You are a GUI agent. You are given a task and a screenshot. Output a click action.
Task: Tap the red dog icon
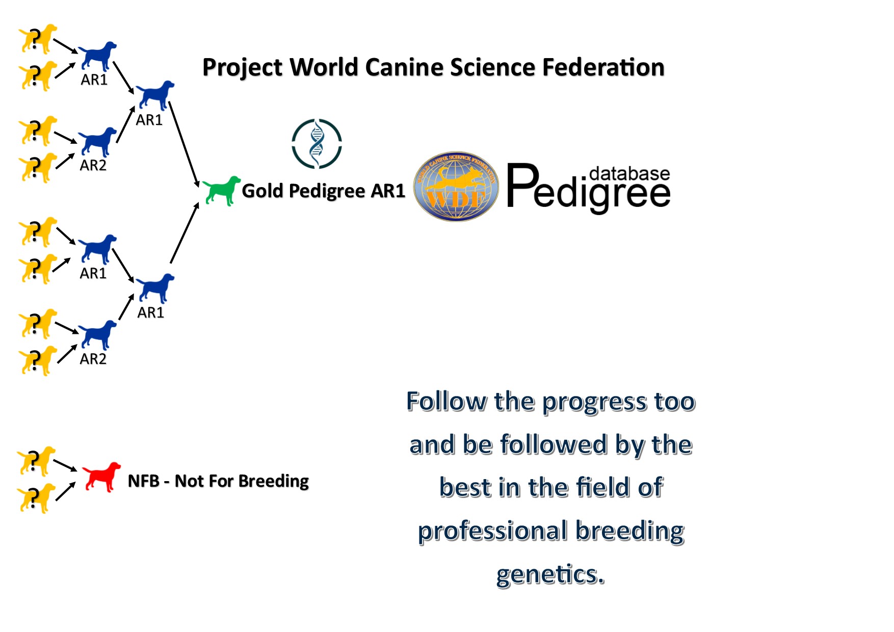pos(102,477)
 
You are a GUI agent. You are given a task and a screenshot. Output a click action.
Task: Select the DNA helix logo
pos(317,144)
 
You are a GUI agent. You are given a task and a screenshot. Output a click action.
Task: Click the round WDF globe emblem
pos(456,187)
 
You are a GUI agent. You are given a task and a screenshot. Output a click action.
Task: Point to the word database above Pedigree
pos(629,174)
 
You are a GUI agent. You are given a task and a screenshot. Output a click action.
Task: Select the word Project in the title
pos(242,68)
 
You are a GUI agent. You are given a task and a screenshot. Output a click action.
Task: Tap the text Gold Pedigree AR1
pos(323,191)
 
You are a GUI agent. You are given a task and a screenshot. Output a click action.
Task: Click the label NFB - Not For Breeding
pos(218,481)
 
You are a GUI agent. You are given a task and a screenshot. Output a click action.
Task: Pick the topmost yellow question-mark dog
pos(37,39)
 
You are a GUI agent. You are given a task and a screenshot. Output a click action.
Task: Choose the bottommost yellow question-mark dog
pos(36,498)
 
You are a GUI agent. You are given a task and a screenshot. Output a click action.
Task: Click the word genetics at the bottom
pos(550,574)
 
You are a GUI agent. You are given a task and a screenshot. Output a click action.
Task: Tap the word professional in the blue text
pos(492,531)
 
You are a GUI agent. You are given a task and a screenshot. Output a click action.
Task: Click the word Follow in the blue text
pos(446,402)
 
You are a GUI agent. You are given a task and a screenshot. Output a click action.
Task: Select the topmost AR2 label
pos(93,165)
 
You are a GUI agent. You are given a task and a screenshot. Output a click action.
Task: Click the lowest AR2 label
pos(93,359)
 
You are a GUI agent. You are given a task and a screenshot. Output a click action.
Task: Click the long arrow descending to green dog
pos(184,144)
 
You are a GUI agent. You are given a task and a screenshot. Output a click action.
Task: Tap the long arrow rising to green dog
pos(185,233)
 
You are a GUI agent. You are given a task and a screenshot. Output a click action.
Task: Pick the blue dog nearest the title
pos(155,95)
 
